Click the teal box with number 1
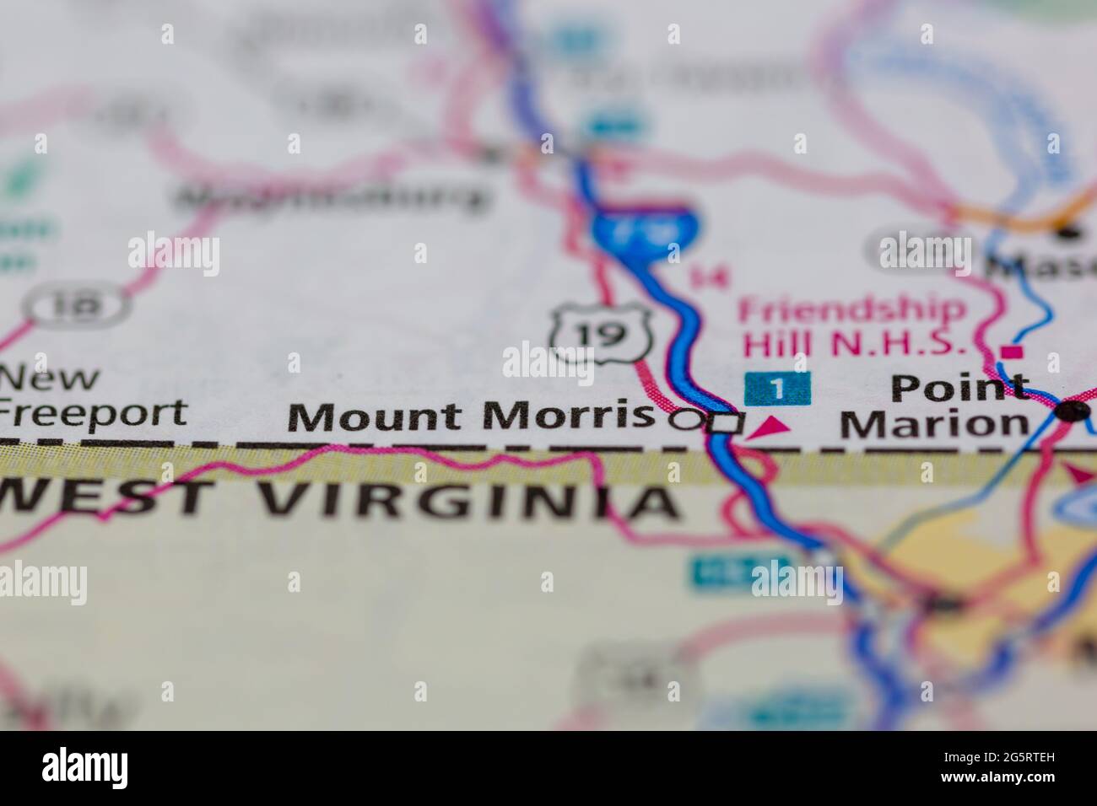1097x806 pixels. pos(777,388)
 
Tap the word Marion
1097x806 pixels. pos(933,423)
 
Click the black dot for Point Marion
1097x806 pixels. pos(1073,411)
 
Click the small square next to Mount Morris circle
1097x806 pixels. pos(724,423)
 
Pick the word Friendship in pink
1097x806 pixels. pos(852,310)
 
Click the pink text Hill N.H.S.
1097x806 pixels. pos(851,343)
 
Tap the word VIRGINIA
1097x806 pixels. pos(467,502)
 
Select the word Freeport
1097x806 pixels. pos(93,413)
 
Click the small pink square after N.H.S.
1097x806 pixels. pos(1012,350)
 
